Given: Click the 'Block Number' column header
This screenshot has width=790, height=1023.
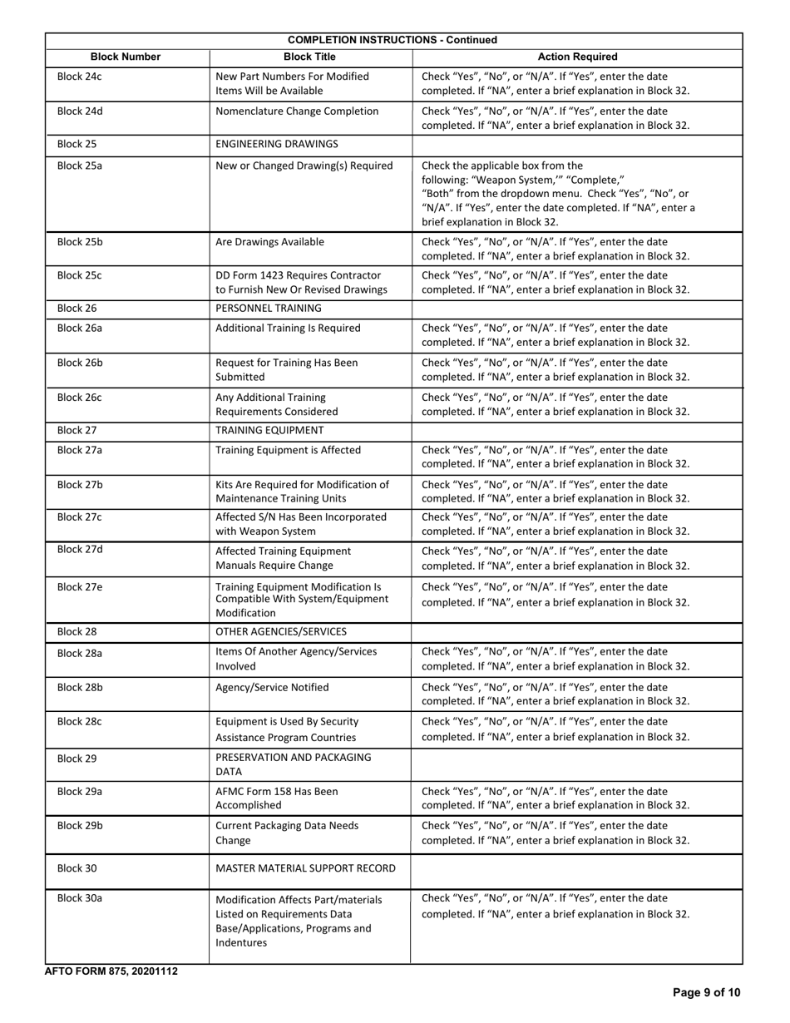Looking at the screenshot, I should click(126, 57).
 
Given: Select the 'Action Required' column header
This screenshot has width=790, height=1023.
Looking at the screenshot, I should click(577, 57).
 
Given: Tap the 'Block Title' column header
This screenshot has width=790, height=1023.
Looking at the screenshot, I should click(309, 57).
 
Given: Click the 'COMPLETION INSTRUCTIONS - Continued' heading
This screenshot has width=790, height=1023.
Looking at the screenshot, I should click(393, 40).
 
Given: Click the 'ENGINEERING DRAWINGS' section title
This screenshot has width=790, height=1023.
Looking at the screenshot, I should click(277, 144).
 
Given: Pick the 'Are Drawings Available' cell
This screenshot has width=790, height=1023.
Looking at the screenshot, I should click(270, 242).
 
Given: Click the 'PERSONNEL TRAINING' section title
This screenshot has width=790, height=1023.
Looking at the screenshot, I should click(269, 308).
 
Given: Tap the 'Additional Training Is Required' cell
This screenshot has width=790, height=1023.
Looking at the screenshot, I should click(288, 328).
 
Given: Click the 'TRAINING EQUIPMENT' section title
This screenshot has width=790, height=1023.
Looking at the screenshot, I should click(269, 430).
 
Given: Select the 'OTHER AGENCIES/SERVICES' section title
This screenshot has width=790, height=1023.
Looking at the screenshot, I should click(281, 632).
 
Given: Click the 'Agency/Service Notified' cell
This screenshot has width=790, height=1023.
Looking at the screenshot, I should click(272, 687).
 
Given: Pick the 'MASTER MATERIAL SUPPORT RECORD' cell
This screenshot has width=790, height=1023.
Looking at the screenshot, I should click(305, 868).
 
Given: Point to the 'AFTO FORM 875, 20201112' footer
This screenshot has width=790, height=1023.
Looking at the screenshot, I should click(111, 971).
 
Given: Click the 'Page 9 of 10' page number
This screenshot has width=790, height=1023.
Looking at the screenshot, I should click(706, 992).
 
